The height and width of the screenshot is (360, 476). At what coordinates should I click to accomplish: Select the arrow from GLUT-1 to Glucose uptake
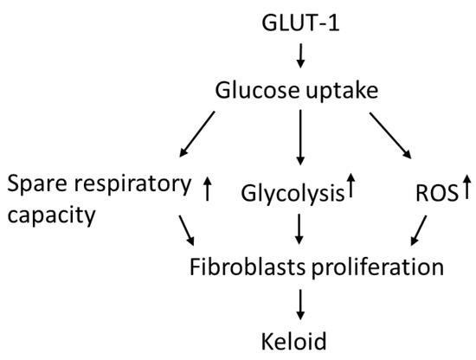[x=299, y=56]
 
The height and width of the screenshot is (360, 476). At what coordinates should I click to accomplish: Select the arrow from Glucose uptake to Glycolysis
[x=299, y=138]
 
